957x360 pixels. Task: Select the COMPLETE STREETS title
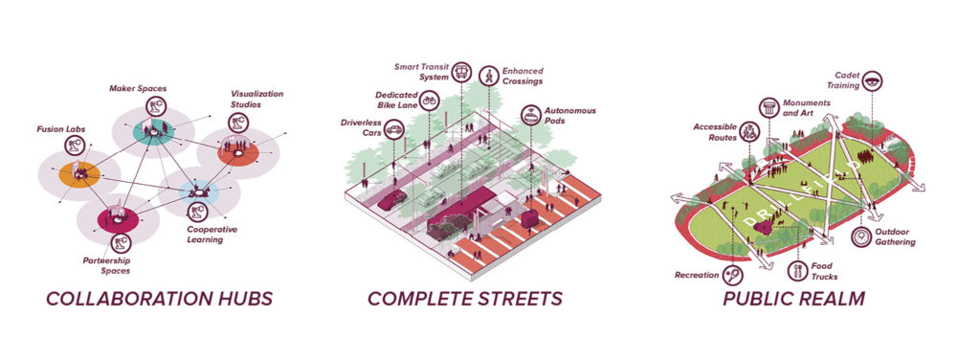tap(464, 299)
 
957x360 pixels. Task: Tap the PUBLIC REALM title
tap(793, 299)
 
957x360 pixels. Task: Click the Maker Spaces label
tap(138, 89)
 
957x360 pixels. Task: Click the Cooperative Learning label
tap(211, 235)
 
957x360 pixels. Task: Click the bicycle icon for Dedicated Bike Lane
tap(430, 99)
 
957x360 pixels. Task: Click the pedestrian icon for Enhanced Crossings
tap(490, 74)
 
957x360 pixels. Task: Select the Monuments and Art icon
tap(768, 107)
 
